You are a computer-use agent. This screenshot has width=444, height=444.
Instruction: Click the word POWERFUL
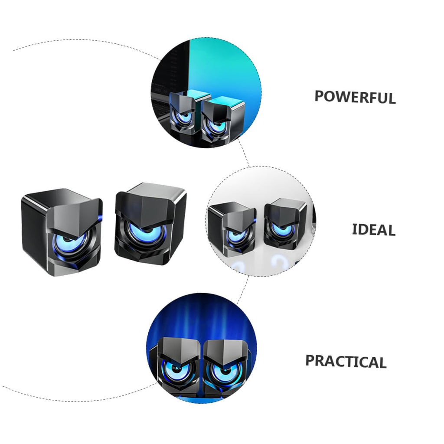click(355, 97)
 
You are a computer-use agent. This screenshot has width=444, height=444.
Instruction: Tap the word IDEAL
click(373, 229)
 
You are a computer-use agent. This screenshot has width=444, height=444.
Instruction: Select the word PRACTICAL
click(346, 362)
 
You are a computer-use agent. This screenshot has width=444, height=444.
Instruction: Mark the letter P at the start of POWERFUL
click(319, 96)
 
